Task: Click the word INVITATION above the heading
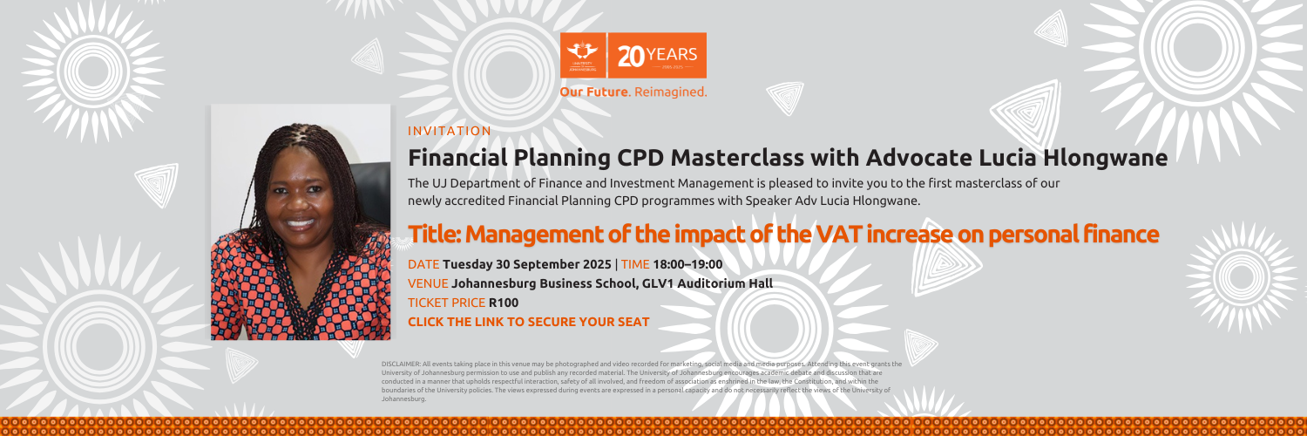(x=449, y=132)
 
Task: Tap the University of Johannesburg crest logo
(x=585, y=55)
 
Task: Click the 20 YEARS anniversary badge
(x=657, y=56)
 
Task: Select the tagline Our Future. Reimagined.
(x=633, y=92)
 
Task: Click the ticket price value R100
(x=504, y=303)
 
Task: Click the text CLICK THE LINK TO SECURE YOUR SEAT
(x=528, y=322)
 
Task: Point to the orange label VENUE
(x=428, y=283)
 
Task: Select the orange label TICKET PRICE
(x=446, y=303)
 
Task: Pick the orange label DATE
(x=423, y=264)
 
